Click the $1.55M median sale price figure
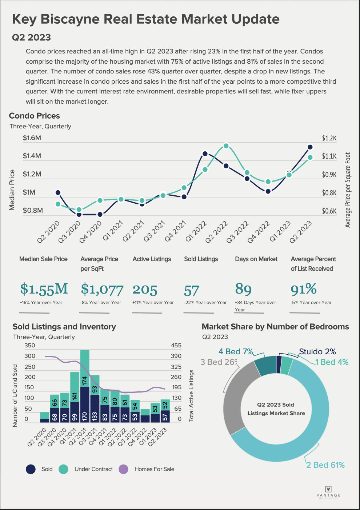tap(44, 289)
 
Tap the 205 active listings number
tap(145, 290)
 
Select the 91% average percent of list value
tap(304, 289)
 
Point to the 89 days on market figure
tap(243, 289)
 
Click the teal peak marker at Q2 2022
tap(226, 146)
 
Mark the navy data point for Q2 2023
tap(310, 147)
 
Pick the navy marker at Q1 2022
tap(205, 154)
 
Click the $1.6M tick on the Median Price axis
tap(32, 138)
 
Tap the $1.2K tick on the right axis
tap(329, 138)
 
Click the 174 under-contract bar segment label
tap(85, 381)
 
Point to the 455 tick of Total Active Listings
tap(176, 346)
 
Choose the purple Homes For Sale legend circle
tap(124, 469)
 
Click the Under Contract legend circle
tap(64, 469)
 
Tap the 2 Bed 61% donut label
tap(325, 465)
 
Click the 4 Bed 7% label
tap(236, 352)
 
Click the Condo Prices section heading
tap(35, 116)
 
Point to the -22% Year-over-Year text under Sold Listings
tap(205, 303)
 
